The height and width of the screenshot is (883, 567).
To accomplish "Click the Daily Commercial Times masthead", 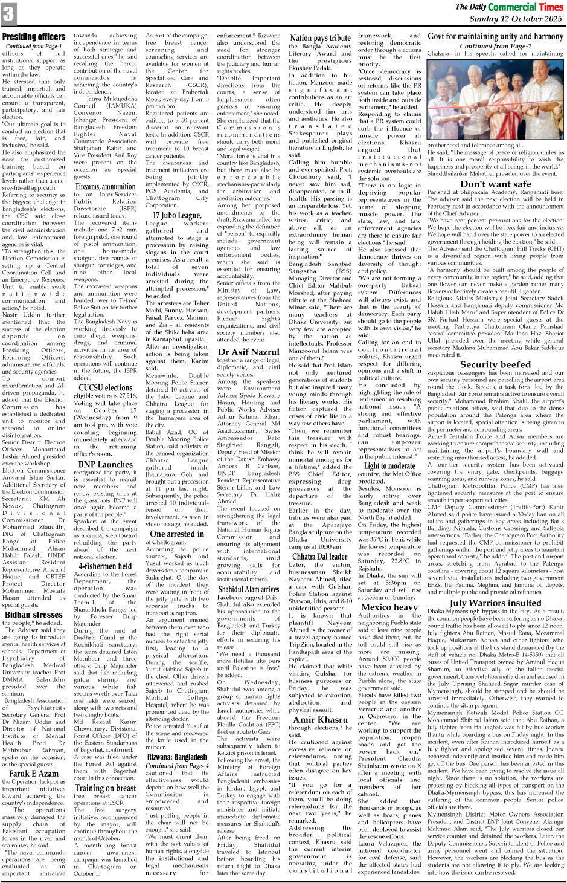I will pyautogui.click(x=508, y=7).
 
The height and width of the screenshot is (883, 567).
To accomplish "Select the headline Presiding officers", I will pyautogui.click(x=34, y=37).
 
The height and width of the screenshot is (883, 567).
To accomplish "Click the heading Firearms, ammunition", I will pyautogui.click(x=105, y=186).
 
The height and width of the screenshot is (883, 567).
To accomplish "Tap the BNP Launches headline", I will pyautogui.click(x=106, y=464).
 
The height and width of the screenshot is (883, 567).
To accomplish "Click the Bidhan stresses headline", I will pyautogui.click(x=34, y=615).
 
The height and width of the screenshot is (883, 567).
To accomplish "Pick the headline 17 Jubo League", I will pyautogui.click(x=177, y=215).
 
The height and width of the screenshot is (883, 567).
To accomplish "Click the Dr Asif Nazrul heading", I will pyautogui.click(x=248, y=351).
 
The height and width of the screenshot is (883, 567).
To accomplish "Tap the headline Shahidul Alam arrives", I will pyautogui.click(x=248, y=589).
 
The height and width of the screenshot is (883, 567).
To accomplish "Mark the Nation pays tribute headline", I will pyautogui.click(x=320, y=38).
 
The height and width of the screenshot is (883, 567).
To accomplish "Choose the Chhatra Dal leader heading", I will pyautogui.click(x=320, y=557).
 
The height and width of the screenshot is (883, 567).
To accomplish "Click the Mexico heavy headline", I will pyautogui.click(x=389, y=607).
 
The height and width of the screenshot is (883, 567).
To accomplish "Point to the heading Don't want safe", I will pyautogui.click(x=495, y=184).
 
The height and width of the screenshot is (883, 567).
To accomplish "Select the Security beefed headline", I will pyautogui.click(x=495, y=364).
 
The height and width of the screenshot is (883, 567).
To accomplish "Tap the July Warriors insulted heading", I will pyautogui.click(x=495, y=603).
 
